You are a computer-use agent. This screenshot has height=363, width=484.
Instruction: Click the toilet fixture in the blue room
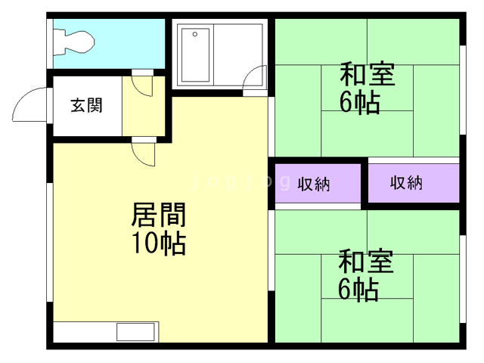(73, 42)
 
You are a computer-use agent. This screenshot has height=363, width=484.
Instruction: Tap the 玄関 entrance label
(86, 106)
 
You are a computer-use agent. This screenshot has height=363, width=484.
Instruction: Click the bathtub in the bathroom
(195, 55)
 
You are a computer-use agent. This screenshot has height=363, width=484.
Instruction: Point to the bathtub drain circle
(195, 34)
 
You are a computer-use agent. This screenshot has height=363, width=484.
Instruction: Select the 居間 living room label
(158, 215)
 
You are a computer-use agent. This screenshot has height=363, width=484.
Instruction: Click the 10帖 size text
(159, 243)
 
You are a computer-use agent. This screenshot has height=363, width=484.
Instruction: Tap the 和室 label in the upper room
(368, 74)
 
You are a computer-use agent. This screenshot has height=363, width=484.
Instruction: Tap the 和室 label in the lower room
(366, 262)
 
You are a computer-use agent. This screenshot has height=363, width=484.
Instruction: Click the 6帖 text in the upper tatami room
(360, 103)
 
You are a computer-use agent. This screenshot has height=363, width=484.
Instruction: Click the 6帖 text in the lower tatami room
(358, 290)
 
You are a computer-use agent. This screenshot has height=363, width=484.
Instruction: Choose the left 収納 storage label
(314, 185)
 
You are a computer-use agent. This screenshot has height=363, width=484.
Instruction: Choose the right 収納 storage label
(406, 182)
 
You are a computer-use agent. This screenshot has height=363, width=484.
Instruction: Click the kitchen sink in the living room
(135, 332)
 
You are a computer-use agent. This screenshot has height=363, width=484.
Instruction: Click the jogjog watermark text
(241, 181)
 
